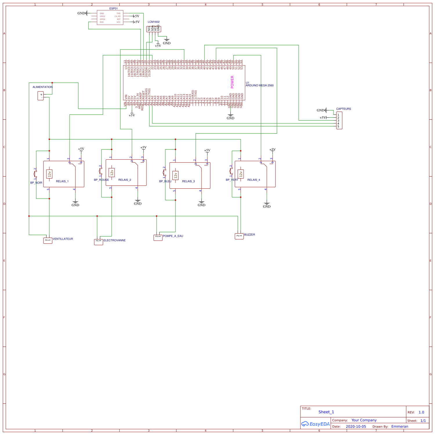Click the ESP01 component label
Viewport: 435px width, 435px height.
pos(113,9)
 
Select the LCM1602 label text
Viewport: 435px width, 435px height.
pos(153,22)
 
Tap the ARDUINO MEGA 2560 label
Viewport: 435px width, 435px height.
pos(259,85)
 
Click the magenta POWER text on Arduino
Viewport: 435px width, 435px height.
pos(232,82)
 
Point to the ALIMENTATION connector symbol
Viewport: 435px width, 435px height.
pos(41,96)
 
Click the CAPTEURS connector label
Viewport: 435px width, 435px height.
pos(343,109)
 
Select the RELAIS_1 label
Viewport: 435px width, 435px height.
pos(62,181)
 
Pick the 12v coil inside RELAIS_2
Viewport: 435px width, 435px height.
pos(112,173)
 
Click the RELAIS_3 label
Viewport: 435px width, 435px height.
pos(188,181)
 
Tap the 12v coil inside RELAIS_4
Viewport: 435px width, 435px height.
pos(241,174)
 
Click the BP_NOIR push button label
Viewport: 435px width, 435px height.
pos(36,183)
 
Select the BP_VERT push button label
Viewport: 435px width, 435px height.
pos(232,180)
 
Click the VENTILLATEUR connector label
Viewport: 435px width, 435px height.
pos(63,239)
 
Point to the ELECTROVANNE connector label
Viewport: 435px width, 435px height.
pos(115,241)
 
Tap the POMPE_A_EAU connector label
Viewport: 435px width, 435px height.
pos(173,236)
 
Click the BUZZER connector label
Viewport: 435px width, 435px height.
pos(249,235)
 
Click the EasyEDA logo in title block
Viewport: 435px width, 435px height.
pos(316,424)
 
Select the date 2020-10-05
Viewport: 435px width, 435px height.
pos(356,427)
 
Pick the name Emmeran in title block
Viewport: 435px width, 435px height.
pos(400,427)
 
